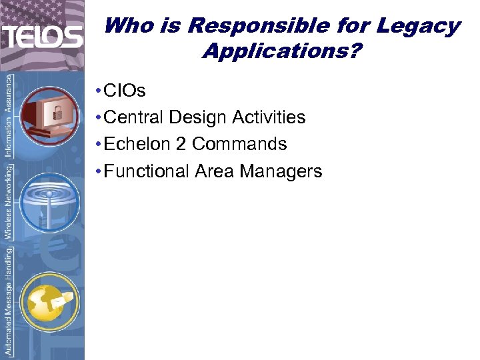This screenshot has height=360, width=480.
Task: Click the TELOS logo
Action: (41, 36)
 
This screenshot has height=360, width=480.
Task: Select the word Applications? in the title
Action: (280, 51)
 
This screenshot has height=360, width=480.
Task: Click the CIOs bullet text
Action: (125, 90)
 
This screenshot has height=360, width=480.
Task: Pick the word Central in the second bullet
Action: (134, 117)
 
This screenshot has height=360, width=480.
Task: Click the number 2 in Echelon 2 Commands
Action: (180, 144)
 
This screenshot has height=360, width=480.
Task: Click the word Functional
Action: (147, 171)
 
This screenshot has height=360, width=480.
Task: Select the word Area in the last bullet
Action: (215, 171)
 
